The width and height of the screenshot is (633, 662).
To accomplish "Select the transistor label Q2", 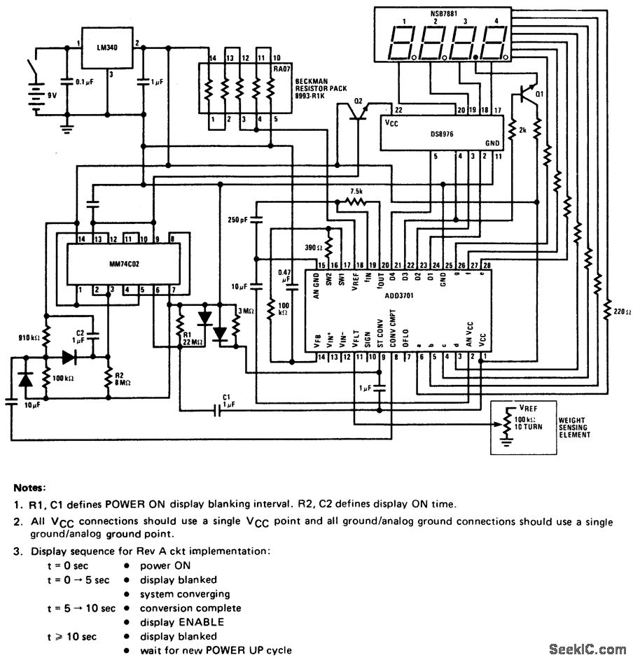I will coord(359,101).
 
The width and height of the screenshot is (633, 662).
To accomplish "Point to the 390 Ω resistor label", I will coord(314,247).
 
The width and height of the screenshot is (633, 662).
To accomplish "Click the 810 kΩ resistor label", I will coord(29,338).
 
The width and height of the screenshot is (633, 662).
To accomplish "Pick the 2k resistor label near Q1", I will coord(522,130).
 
